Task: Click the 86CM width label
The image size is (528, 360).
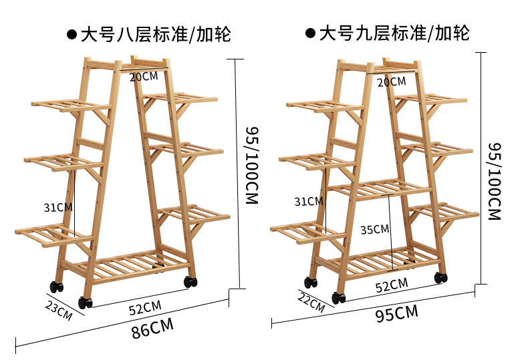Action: (152, 328)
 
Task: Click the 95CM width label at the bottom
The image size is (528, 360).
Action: (396, 312)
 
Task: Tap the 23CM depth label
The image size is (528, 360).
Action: (59, 309)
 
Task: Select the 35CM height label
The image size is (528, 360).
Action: (374, 229)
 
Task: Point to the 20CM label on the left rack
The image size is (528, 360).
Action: (144, 76)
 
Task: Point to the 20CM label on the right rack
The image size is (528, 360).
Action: (391, 81)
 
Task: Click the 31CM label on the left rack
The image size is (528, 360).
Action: (58, 207)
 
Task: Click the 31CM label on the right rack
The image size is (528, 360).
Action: (308, 201)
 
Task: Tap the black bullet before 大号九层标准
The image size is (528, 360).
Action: (309, 33)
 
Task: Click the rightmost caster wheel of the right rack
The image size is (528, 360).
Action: (441, 277)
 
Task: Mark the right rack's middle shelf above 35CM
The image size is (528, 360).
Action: (381, 189)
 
